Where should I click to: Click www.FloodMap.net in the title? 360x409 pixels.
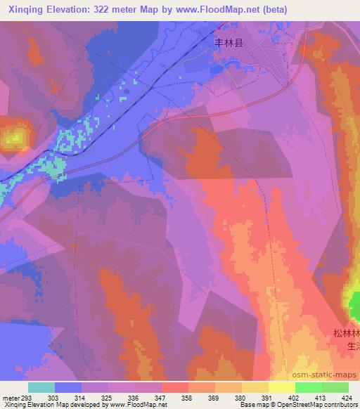[x=211, y=8]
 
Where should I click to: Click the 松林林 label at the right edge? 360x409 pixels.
[x=347, y=332]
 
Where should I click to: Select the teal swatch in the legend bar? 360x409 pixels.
[x=41, y=387]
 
